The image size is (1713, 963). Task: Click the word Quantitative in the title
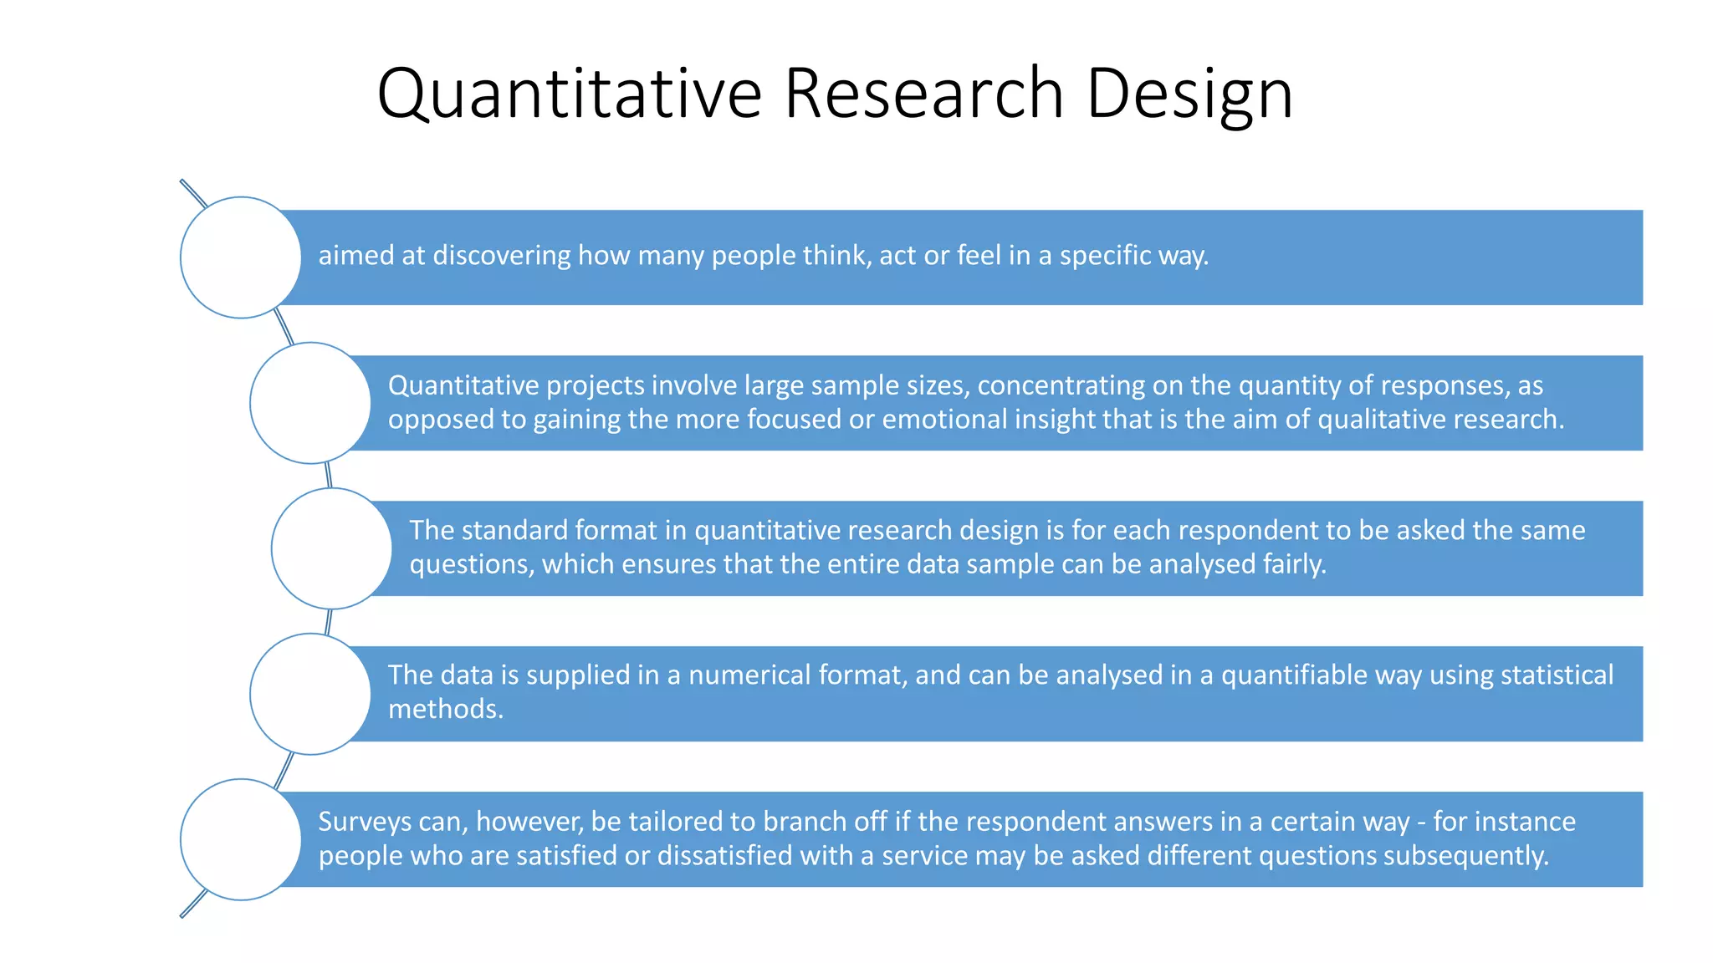(569, 94)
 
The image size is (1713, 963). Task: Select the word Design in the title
(1189, 94)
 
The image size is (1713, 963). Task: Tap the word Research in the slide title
(923, 94)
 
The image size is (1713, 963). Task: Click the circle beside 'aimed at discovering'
(241, 257)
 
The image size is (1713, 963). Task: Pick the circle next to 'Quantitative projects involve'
(310, 403)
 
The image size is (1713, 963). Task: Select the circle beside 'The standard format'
(332, 548)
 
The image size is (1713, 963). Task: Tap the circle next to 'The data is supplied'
(310, 694)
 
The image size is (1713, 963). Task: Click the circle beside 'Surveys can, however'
(241, 839)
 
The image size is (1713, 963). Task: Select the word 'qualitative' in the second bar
(1386, 419)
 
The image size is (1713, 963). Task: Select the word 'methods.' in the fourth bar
(446, 709)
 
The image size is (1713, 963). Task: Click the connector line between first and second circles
(284, 327)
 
